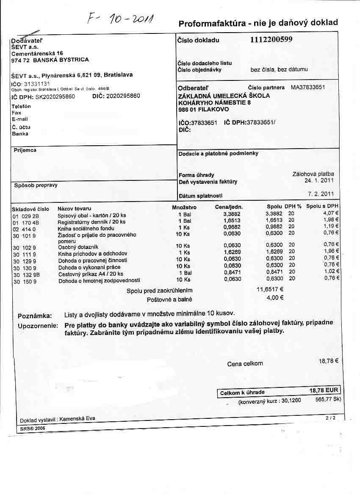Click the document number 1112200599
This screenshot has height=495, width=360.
[x=271, y=40]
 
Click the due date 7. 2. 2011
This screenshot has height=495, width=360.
[x=321, y=194]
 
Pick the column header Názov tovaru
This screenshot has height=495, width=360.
[x=74, y=209]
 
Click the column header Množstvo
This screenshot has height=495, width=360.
[x=184, y=207]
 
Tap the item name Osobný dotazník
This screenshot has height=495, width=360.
[x=78, y=247]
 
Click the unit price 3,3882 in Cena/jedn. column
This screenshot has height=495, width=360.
[x=232, y=214]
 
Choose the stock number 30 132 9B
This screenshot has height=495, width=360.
[x=26, y=274]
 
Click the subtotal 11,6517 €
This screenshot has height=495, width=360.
[x=270, y=290]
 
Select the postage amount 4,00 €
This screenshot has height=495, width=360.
[x=275, y=298]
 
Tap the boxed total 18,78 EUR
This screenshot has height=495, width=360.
[x=324, y=391]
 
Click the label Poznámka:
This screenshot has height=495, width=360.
[x=35, y=316]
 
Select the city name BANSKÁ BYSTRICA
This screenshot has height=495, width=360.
[x=61, y=60]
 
